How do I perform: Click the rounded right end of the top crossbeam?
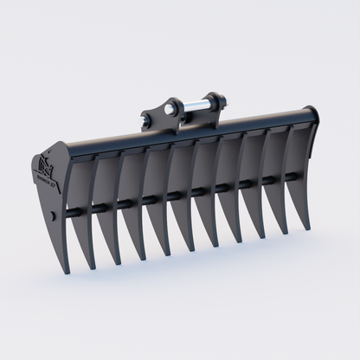[x=311, y=115]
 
